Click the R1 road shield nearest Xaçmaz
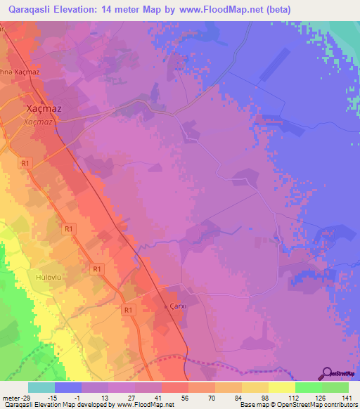[26, 163]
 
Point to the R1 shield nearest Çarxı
[128, 309]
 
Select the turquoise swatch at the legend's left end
[41, 387]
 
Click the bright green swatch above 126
[308, 387]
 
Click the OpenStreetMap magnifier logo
[325, 373]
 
